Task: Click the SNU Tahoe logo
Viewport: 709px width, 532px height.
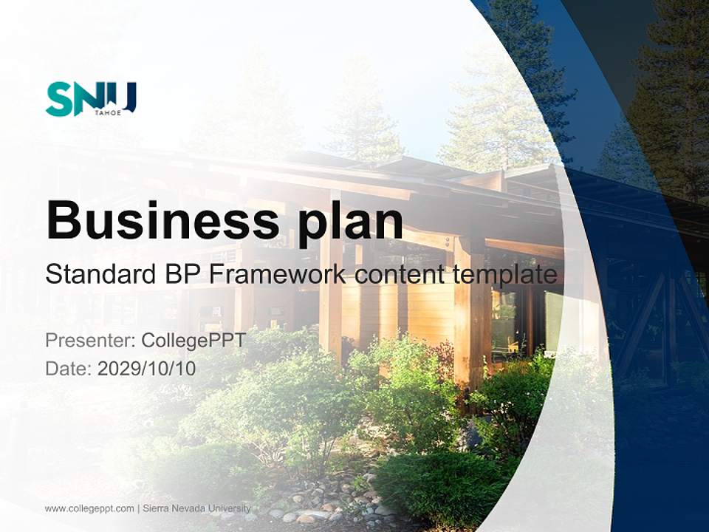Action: (x=91, y=99)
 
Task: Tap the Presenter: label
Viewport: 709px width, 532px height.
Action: (x=90, y=341)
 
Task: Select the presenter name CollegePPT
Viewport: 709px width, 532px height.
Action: (x=193, y=341)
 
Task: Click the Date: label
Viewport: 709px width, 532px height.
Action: (x=69, y=368)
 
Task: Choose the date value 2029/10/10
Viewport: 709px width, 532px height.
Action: (x=147, y=368)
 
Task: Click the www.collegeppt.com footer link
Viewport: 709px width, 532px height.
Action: (x=89, y=508)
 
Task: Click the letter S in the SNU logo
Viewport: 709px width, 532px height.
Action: (x=59, y=99)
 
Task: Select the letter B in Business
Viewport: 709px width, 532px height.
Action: (x=64, y=219)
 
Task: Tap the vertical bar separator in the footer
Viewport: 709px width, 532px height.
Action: (x=138, y=508)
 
